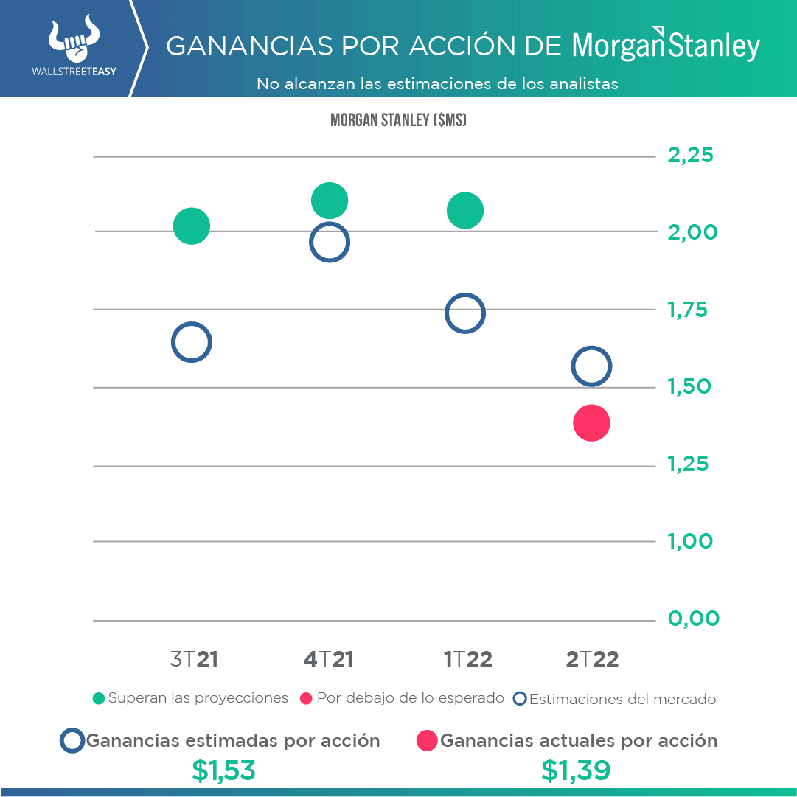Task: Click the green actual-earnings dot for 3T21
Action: tap(192, 226)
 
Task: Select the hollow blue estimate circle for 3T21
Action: tap(192, 342)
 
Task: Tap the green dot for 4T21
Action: tap(330, 200)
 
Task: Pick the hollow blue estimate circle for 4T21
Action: tap(329, 243)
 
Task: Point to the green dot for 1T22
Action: tap(465, 211)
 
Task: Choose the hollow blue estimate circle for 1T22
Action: tap(465, 313)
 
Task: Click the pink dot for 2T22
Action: tap(591, 423)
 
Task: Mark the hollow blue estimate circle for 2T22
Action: tap(591, 366)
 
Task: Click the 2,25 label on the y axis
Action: tap(691, 156)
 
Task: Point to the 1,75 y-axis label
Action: tap(687, 310)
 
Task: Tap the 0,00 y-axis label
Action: tap(693, 619)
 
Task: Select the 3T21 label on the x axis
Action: tap(194, 659)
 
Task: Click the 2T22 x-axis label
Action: tap(592, 659)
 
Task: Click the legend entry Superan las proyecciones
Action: tap(190, 698)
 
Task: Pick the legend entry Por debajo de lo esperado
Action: tap(403, 698)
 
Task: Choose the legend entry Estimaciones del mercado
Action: tap(614, 699)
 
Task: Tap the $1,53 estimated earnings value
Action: tap(223, 770)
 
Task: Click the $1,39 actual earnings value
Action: tap(576, 770)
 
